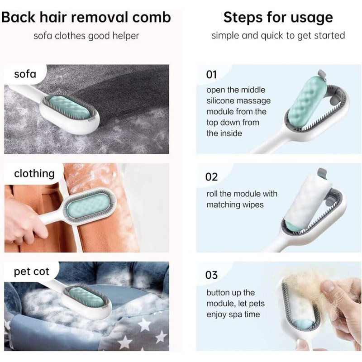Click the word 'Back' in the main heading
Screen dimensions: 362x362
[x=19, y=17]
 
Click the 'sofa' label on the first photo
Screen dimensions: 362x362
[x=25, y=74]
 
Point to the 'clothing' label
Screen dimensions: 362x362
[x=34, y=174]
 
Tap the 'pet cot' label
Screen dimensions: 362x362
[x=31, y=272]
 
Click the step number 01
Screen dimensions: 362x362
[x=211, y=75]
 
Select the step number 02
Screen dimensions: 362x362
[x=211, y=177]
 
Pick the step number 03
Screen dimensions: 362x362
[x=211, y=275]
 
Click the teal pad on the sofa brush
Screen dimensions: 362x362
[x=69, y=107]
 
